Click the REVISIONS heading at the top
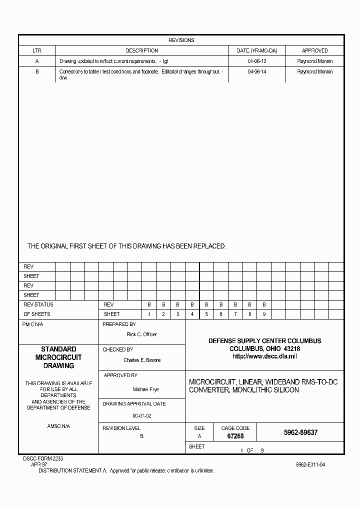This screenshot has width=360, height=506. click(181, 40)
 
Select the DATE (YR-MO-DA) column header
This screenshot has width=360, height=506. click(256, 50)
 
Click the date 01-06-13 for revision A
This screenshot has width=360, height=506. click(256, 61)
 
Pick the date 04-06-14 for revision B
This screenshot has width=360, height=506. click(256, 71)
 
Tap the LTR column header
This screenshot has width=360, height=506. click(37, 50)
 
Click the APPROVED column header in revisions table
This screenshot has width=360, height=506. click(314, 50)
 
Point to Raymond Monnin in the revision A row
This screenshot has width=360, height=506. click(314, 61)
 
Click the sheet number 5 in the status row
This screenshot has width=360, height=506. click(206, 314)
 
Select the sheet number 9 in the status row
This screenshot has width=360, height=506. click(264, 314)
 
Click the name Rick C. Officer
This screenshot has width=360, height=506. click(141, 334)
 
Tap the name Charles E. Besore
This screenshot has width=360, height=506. click(142, 360)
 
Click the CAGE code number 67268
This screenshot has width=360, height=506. click(235, 436)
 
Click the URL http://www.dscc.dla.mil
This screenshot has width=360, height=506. click(264, 356)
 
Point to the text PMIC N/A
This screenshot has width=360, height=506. click(33, 324)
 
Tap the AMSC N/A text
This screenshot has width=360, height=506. click(58, 426)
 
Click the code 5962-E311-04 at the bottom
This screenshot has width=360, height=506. click(310, 464)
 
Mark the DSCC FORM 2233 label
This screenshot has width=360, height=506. click(43, 458)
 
